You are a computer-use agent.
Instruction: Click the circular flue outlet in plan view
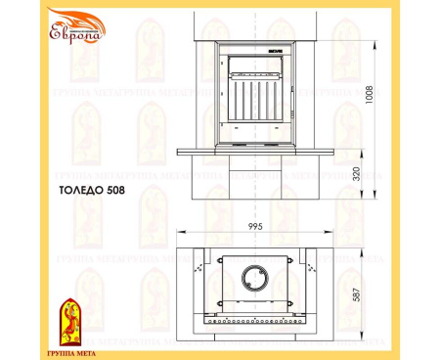(256, 277)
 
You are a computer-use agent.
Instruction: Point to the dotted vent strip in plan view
(256, 318)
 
